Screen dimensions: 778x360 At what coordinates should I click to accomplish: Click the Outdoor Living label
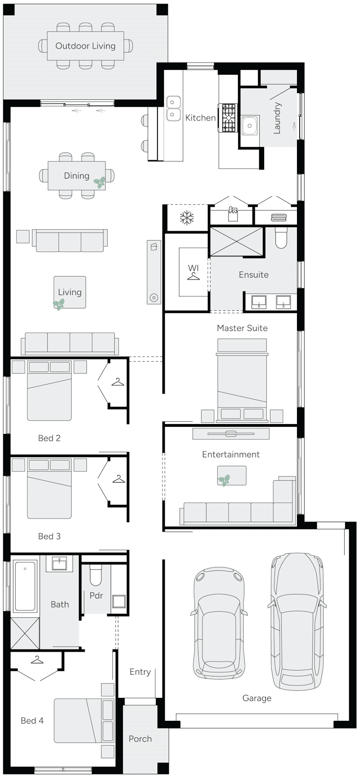click(x=85, y=46)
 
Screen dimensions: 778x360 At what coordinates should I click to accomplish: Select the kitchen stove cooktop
click(x=228, y=118)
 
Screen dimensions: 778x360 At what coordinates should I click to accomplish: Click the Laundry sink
click(x=249, y=125)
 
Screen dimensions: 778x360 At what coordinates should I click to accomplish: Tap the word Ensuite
click(x=253, y=275)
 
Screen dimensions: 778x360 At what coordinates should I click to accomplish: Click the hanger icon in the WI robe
click(x=193, y=276)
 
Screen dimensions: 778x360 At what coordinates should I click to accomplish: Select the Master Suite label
click(x=242, y=328)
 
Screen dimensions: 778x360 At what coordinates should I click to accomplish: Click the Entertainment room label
click(x=231, y=455)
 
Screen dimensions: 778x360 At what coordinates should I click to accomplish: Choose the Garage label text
click(x=257, y=698)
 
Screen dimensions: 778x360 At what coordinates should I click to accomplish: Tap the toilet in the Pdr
click(x=96, y=575)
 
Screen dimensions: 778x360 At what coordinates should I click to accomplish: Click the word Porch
click(x=140, y=738)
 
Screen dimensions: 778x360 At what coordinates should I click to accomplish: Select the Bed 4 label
click(x=32, y=720)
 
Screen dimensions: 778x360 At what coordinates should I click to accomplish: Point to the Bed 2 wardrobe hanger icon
click(x=118, y=382)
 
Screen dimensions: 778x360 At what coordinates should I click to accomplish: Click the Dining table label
click(x=76, y=176)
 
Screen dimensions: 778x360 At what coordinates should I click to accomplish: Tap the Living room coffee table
click(x=70, y=292)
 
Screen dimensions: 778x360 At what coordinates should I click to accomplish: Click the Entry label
click(x=140, y=672)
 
